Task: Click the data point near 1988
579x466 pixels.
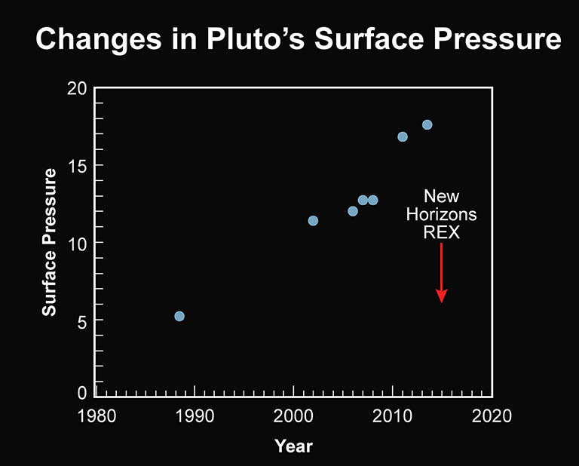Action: [x=179, y=316]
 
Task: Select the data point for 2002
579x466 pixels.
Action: [x=313, y=221]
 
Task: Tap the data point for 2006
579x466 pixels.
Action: [x=353, y=211]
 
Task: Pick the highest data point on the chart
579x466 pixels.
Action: [x=427, y=124]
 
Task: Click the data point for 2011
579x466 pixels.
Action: [x=403, y=136]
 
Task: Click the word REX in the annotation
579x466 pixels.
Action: [x=442, y=234]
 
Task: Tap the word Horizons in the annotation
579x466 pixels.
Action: [x=442, y=215]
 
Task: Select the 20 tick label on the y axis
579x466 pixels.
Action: [x=76, y=88]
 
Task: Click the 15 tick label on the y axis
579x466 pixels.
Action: [x=76, y=166]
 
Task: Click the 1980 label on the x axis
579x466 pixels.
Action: [x=96, y=416]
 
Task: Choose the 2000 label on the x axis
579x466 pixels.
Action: [x=293, y=416]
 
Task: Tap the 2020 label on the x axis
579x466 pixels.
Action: [x=492, y=416]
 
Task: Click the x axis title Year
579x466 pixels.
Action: [x=293, y=446]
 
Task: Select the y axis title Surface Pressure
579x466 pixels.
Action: [x=50, y=242]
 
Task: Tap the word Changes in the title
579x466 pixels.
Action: [x=84, y=39]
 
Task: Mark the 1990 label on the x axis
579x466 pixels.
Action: [x=195, y=416]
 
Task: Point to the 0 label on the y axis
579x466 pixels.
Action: [x=81, y=392]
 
